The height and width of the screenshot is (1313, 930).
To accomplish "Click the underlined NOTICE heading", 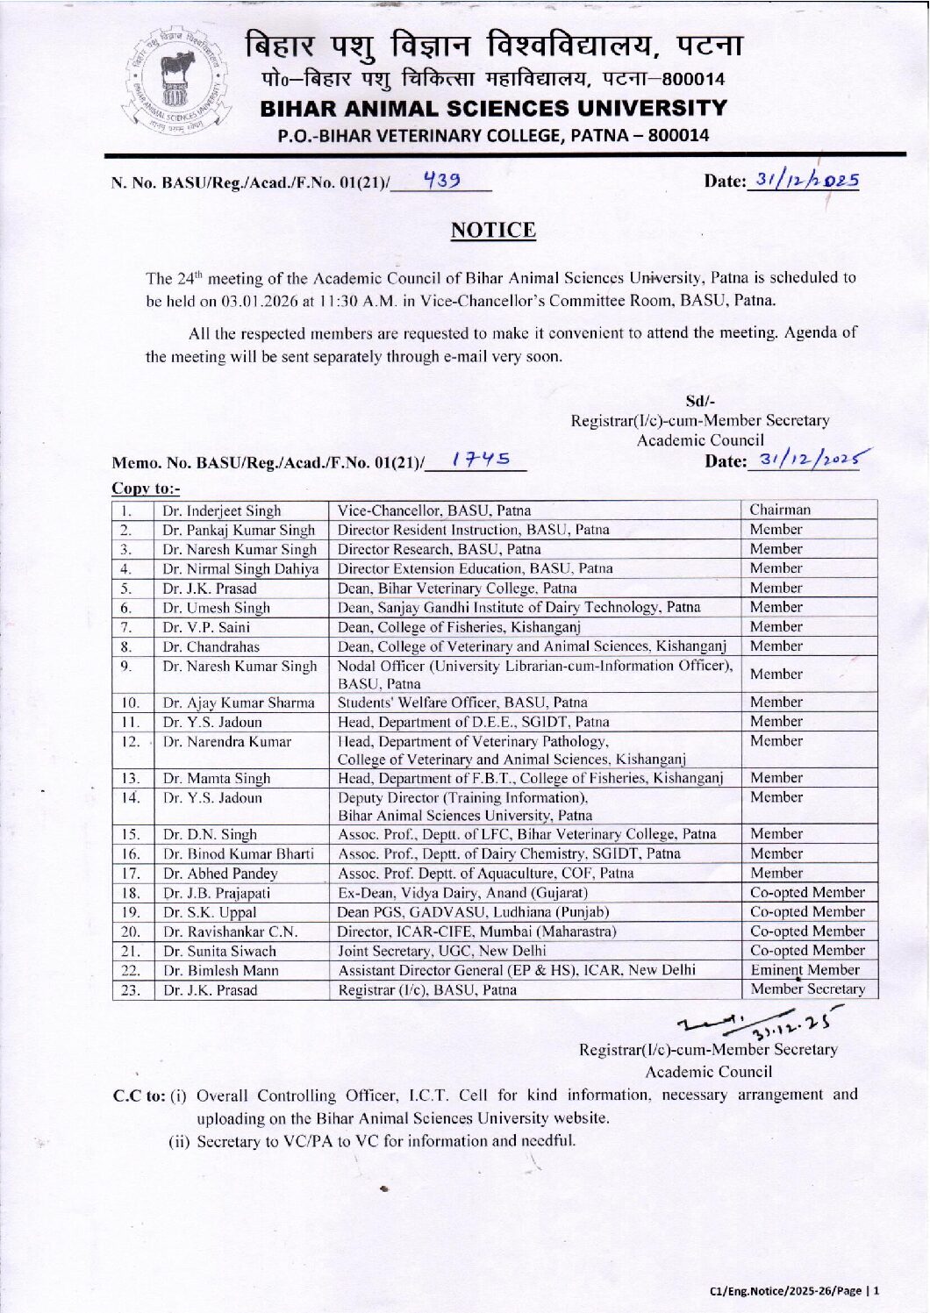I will (x=492, y=231).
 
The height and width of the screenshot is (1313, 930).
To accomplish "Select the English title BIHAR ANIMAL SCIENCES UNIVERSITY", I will (x=493, y=109).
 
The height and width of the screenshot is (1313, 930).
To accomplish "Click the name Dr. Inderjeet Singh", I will (x=222, y=510).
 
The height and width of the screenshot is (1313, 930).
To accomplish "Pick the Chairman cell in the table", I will (x=780, y=510).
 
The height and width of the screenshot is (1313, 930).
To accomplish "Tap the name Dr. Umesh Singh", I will (x=216, y=608).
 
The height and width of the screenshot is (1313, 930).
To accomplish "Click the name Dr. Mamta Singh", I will (x=217, y=778).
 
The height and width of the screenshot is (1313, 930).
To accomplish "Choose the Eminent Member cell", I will (x=805, y=970).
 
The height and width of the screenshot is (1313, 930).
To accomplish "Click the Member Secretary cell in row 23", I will (x=807, y=989).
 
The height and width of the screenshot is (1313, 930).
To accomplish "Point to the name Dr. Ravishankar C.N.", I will (x=230, y=931).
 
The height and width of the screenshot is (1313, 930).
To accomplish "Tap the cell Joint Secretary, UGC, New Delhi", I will (x=441, y=951).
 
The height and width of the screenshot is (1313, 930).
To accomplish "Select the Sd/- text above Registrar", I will (x=699, y=401).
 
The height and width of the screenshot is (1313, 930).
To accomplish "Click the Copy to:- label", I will (x=145, y=489).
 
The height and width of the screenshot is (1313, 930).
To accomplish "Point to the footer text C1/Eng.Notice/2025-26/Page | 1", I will (x=794, y=1291).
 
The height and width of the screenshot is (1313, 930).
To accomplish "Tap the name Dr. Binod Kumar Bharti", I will (x=238, y=854).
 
